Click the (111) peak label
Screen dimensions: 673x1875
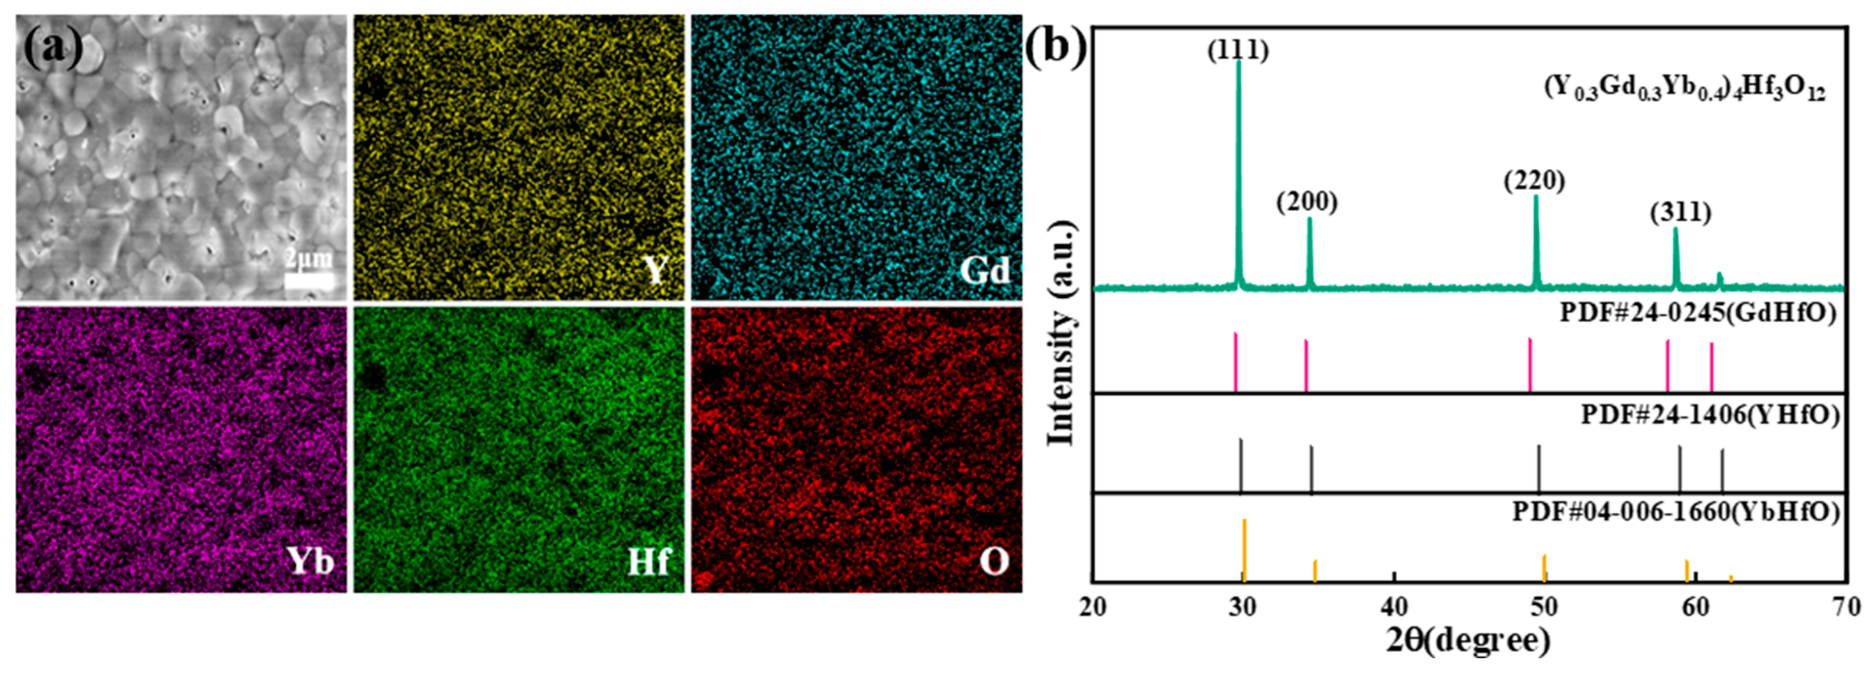tap(1238, 50)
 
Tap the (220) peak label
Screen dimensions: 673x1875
tap(1535, 180)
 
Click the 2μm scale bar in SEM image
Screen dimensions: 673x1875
tap(309, 280)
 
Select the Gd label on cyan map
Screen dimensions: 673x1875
tap(984, 271)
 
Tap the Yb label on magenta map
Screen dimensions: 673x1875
tap(310, 561)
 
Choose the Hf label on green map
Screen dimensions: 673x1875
tap(648, 561)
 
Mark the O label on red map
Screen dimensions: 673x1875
tap(994, 561)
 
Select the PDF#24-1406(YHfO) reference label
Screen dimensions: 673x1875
tap(1709, 415)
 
